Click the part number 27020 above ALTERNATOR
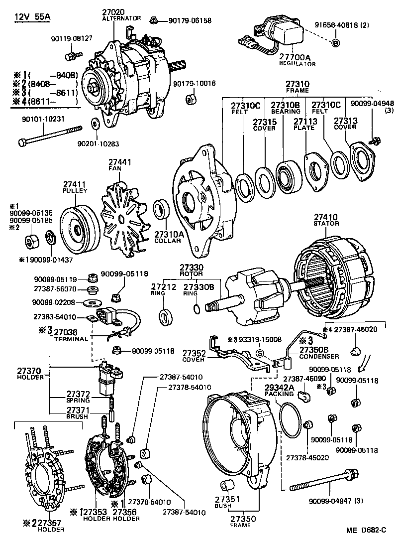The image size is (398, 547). (x=114, y=11)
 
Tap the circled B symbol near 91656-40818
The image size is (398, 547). (x=335, y=42)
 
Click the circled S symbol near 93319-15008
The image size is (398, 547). (x=259, y=352)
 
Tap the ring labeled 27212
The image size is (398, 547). (x=163, y=316)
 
